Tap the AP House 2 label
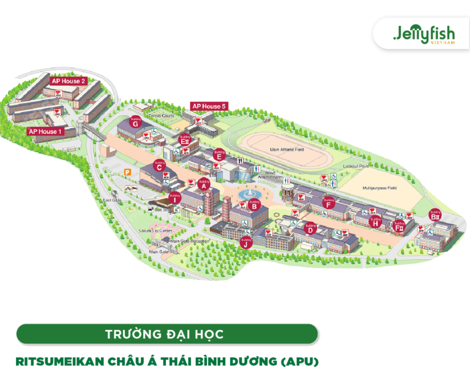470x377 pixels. coord(69,81)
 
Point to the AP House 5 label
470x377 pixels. coord(209,107)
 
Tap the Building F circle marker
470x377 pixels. coord(329,204)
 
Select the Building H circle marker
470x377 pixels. coord(376,223)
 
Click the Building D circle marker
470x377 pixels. coord(311,229)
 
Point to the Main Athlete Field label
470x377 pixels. coord(287,149)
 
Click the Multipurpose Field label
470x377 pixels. coord(379,188)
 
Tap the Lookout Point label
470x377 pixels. coord(356,166)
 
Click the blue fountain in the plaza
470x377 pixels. coord(250,195)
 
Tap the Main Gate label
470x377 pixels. coord(159,251)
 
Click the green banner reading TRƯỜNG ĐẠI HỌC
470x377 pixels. coord(167,334)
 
